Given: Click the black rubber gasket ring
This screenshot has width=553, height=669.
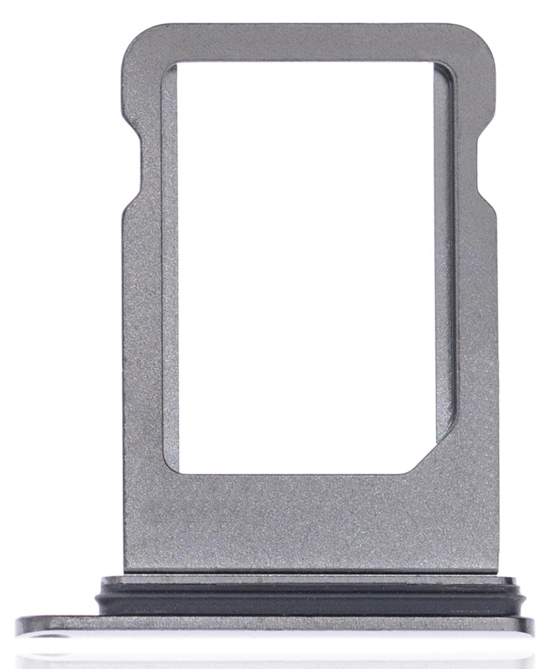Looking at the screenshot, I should pyautogui.click(x=304, y=601).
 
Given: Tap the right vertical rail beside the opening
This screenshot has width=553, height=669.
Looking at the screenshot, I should pyautogui.click(x=468, y=285).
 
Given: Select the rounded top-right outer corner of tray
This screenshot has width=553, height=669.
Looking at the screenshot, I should pyautogui.click(x=484, y=38).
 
